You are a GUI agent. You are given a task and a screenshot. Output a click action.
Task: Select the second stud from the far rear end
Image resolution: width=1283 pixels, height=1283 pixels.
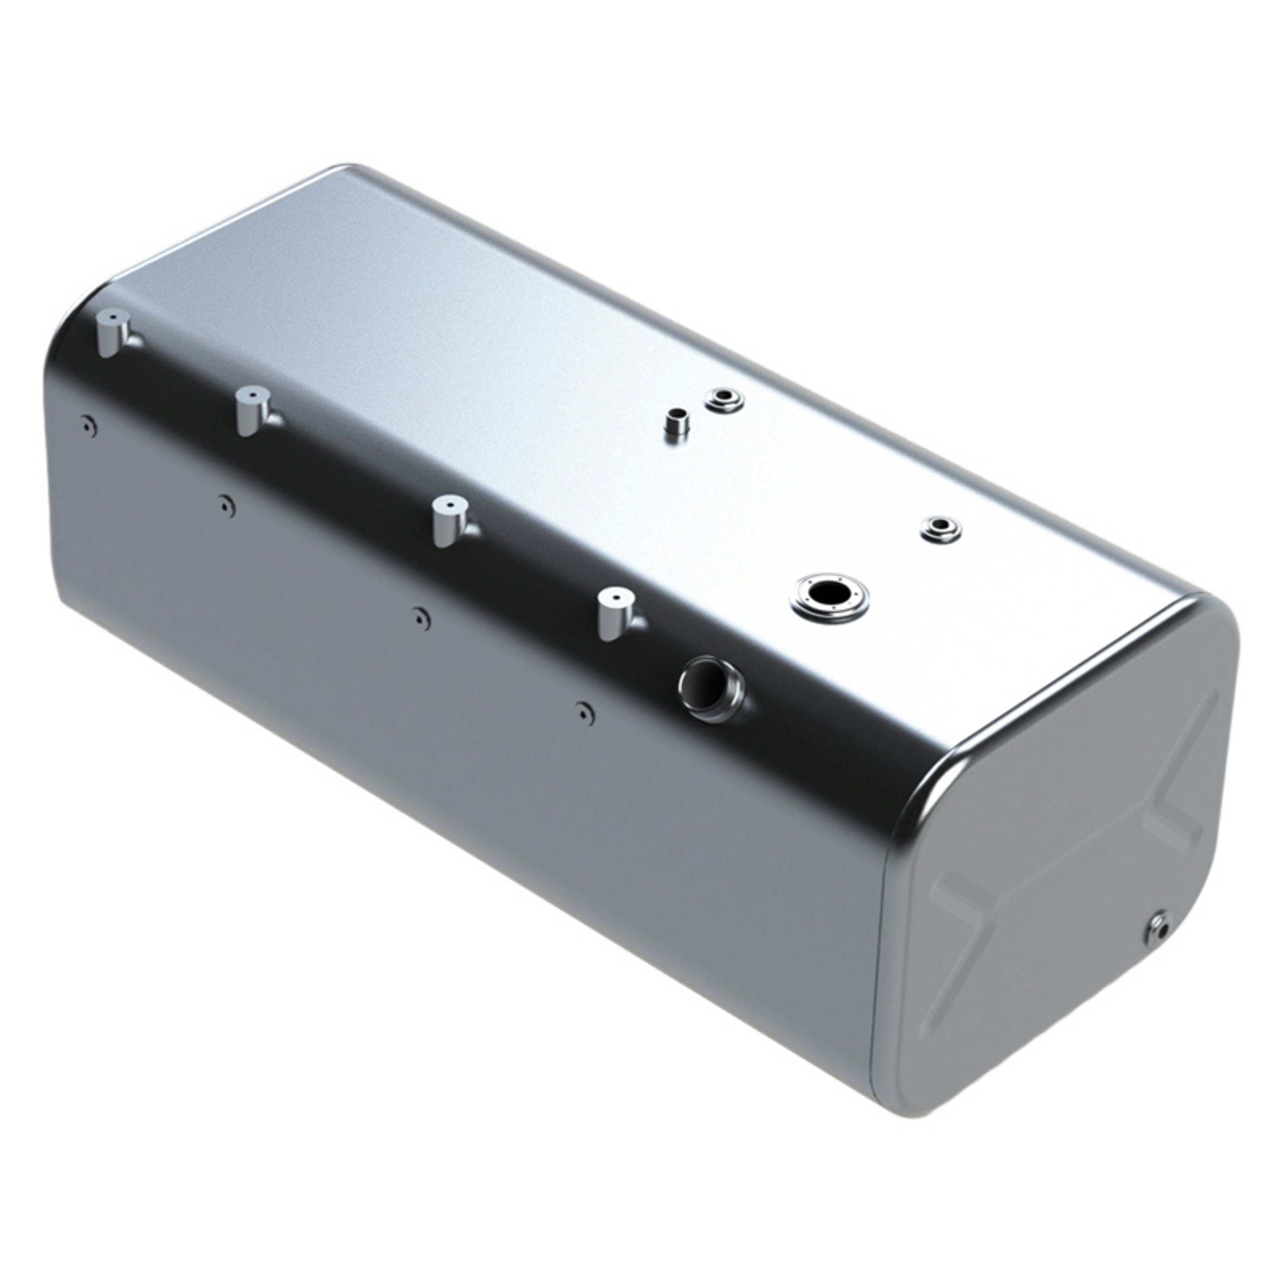coord(253,412)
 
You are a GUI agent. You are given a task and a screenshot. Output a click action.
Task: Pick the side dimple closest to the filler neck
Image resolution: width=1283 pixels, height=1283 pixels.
coord(584,713)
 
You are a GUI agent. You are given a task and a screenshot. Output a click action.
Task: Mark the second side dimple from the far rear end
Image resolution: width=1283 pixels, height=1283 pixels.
coord(227,507)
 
